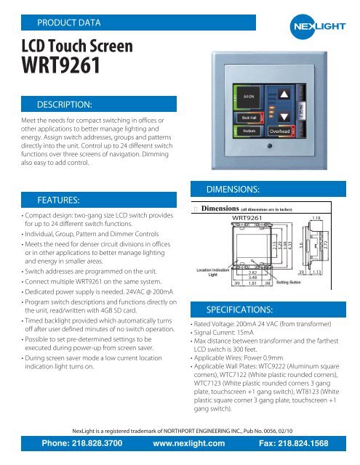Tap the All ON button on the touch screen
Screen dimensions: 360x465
[x=248, y=96]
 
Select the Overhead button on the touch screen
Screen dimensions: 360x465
[x=280, y=131]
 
